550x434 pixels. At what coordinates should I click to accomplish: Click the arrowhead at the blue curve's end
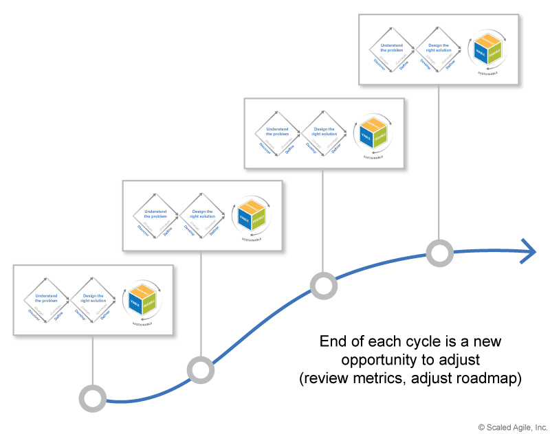529,251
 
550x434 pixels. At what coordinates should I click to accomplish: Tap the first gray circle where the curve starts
92,398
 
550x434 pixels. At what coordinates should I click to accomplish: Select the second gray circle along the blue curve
200,370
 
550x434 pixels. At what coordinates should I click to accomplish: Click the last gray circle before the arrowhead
439,253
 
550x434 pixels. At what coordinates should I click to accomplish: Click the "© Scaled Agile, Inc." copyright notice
512,426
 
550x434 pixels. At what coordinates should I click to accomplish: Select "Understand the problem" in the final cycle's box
393,47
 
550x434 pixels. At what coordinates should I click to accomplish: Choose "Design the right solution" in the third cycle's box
324,131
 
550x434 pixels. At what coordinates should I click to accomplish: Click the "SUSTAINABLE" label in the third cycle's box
372,157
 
